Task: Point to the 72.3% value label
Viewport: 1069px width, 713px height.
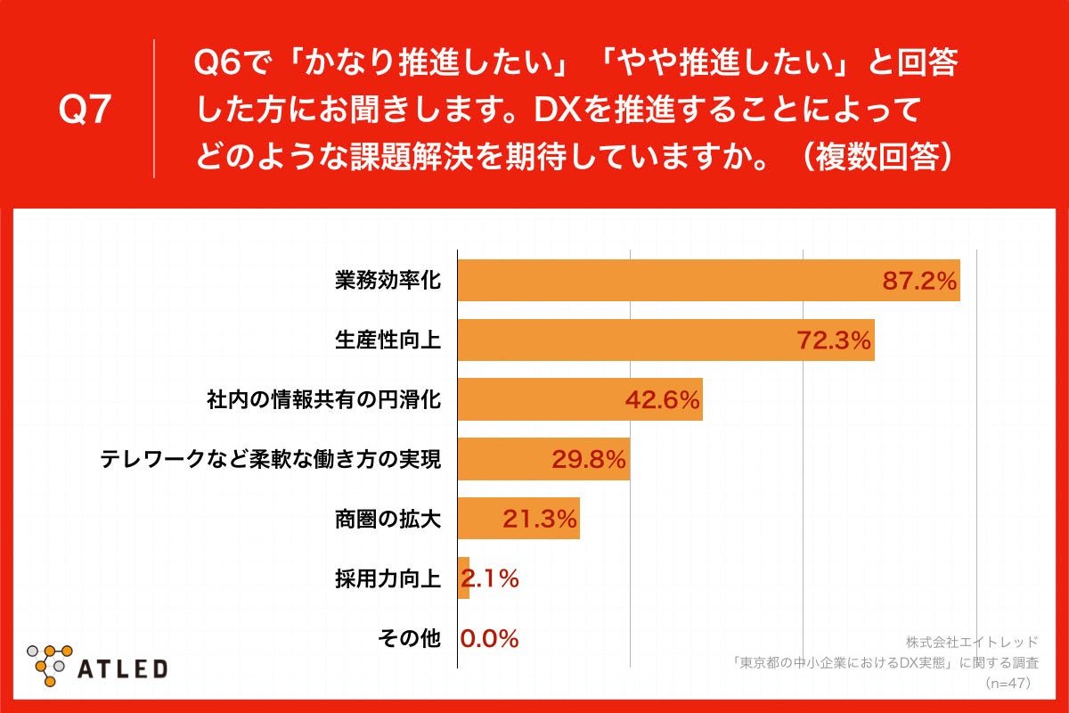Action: point(834,341)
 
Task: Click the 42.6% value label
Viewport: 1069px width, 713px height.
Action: point(662,401)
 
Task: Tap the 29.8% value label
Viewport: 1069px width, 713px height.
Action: point(589,461)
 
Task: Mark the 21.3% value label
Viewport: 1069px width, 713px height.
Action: point(540,520)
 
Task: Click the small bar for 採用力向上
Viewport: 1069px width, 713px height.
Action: point(463,578)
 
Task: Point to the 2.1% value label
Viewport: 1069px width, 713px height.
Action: point(491,579)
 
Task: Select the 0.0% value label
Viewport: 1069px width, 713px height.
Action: point(490,639)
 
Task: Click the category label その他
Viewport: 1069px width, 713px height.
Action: point(410,638)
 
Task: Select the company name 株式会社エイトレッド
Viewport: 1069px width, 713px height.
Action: point(972,642)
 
